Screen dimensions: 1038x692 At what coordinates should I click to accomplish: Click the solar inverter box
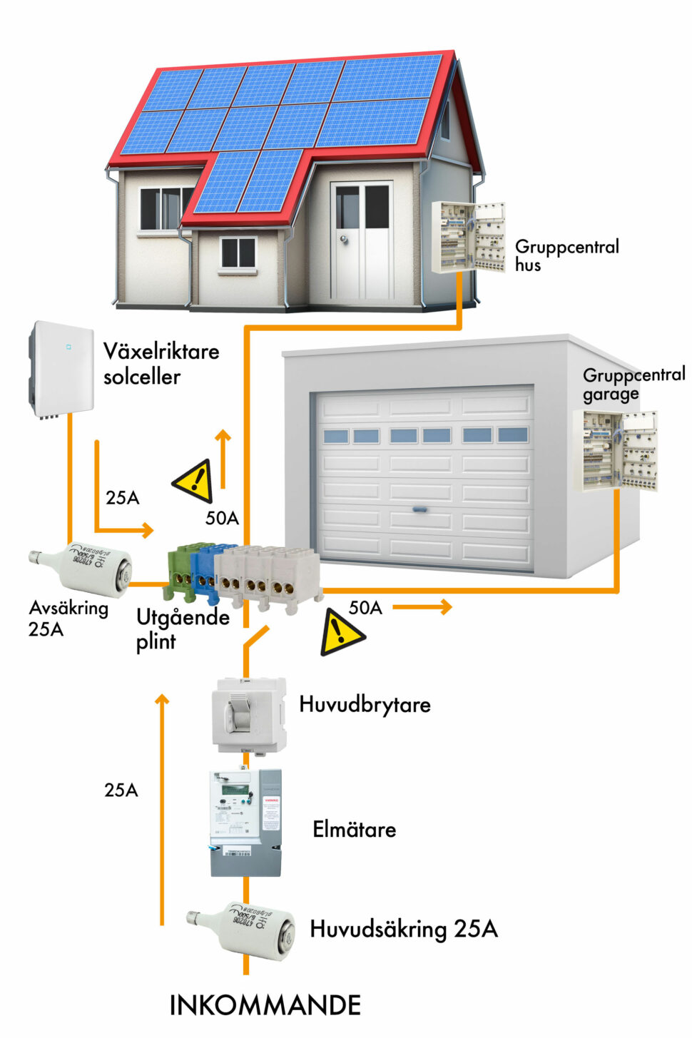tap(62, 370)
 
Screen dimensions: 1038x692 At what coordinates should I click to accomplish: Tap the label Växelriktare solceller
tap(161, 364)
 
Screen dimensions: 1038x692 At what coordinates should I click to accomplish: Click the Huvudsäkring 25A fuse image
tap(241, 930)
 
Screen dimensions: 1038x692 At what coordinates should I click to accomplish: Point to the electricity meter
tap(245, 821)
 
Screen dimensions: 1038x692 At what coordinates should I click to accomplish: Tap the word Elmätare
tap(354, 829)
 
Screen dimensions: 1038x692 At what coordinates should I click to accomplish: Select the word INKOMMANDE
tap(265, 1005)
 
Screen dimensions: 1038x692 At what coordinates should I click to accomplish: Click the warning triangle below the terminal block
tap(340, 633)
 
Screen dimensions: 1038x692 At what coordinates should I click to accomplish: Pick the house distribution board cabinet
tap(468, 237)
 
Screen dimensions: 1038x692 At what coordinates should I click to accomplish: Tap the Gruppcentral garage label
tap(633, 384)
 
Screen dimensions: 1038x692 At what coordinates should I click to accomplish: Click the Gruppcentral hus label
tap(566, 255)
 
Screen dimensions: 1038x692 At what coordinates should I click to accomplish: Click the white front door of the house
tap(362, 241)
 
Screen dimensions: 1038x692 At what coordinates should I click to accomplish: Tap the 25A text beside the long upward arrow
tap(121, 790)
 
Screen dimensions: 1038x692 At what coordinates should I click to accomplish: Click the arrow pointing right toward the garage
tap(422, 607)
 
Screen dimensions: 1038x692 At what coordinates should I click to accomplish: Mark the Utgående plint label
tap(182, 628)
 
